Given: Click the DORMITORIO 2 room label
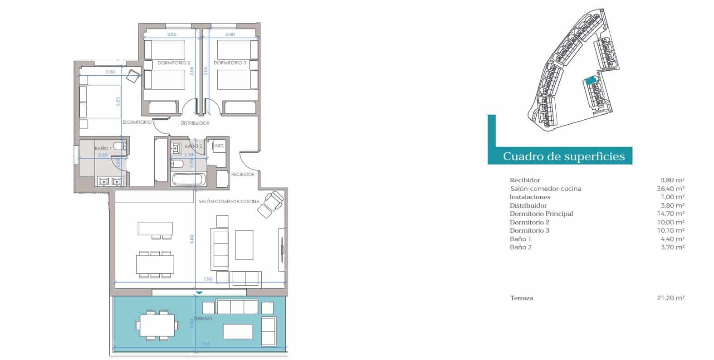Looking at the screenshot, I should click(174, 63).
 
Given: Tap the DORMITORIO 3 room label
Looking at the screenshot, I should click(230, 63).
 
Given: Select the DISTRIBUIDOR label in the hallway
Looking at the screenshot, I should click(195, 123).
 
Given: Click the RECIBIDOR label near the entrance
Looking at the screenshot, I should click(243, 174).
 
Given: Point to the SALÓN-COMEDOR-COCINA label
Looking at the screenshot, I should click(229, 202).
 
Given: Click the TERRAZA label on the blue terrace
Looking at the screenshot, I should click(203, 319).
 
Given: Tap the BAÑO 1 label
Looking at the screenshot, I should click(103, 148).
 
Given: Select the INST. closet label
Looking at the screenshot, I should click(219, 146).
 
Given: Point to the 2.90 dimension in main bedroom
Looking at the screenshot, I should click(110, 72).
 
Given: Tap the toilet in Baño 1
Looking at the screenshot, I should click(119, 146).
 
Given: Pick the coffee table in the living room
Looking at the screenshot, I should click(244, 244).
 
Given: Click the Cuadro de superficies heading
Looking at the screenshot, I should click(563, 156).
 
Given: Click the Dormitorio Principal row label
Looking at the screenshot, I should click(541, 214).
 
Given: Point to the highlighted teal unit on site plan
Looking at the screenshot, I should click(590, 81).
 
